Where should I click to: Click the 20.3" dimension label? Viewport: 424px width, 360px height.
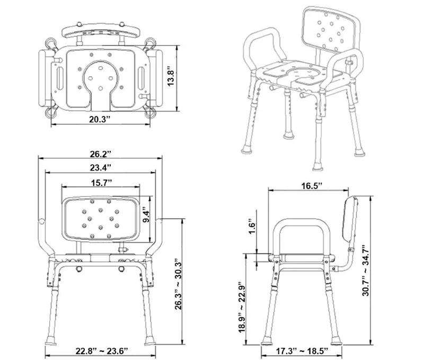pyautogui.click(x=99, y=119)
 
